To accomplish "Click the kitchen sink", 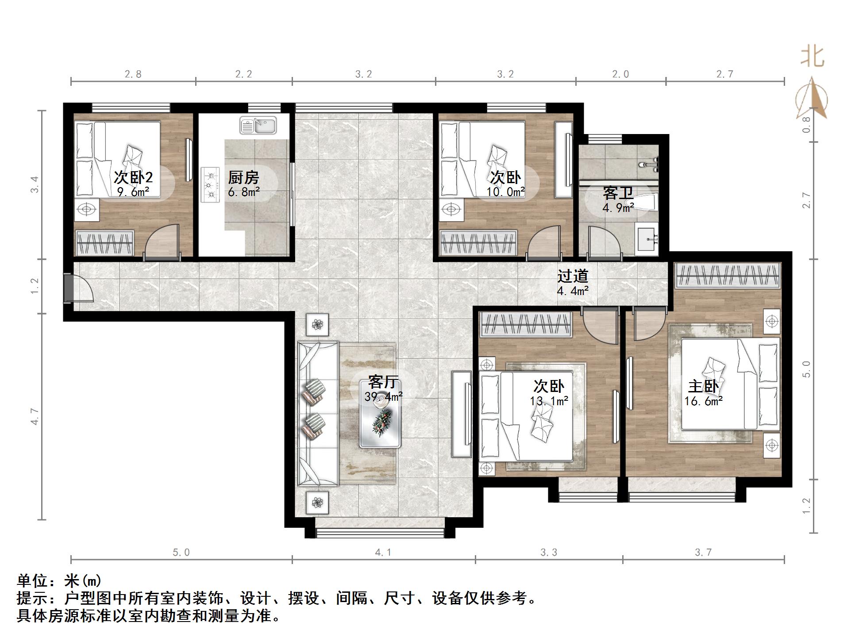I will (x=258, y=125).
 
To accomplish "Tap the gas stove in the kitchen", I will (x=210, y=184).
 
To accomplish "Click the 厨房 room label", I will (x=243, y=177).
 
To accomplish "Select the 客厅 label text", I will (x=384, y=381).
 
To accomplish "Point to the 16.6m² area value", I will (x=704, y=401).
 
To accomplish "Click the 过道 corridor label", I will (x=573, y=276).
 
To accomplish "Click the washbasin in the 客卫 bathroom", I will (x=647, y=239).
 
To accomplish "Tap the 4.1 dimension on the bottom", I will (x=383, y=552).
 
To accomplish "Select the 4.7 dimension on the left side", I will (x=35, y=417).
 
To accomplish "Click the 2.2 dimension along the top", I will (x=243, y=74).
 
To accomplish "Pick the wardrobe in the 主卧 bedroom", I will (x=728, y=276).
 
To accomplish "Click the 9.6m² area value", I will (x=133, y=192).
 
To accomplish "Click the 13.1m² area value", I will (x=549, y=401).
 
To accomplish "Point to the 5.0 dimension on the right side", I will (x=806, y=369).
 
